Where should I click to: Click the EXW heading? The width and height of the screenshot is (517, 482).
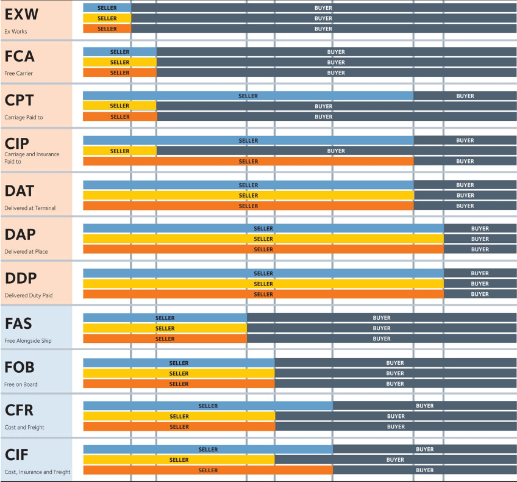21,14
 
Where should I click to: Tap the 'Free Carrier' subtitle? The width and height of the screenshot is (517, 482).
19,73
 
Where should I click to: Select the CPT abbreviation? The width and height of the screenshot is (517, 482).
20,100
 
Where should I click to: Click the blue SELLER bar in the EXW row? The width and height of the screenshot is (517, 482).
107,8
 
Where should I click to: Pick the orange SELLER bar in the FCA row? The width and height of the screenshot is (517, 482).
119,73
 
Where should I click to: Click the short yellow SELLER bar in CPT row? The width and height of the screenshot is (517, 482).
119,106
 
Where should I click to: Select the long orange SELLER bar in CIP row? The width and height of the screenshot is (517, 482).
248,161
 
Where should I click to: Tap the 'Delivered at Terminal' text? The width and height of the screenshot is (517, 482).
30,208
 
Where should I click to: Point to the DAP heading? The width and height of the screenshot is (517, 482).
20,234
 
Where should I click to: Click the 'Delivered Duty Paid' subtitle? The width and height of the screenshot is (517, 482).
29,295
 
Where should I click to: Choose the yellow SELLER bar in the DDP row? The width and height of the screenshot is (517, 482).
263,284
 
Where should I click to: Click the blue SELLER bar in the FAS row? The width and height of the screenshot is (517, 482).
165,318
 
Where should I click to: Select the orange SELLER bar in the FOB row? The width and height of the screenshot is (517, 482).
179,384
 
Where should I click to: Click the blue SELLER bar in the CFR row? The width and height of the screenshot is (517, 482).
208,406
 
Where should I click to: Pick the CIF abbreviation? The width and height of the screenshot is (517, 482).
17,454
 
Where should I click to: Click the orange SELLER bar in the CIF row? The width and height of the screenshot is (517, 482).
208,470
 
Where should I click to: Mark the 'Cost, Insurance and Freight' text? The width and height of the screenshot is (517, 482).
37,472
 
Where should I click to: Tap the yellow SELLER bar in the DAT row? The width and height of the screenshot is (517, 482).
248,195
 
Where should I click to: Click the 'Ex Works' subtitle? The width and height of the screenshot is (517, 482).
16,31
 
